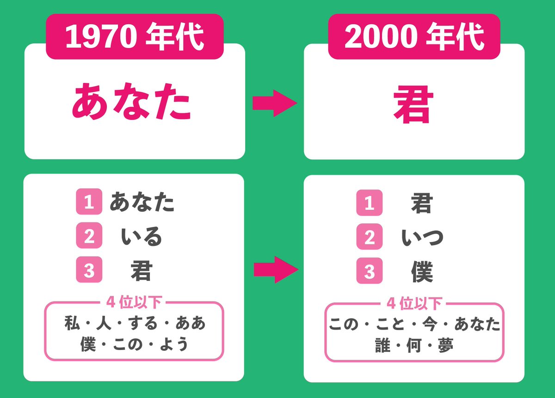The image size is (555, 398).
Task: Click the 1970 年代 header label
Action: click(135, 37)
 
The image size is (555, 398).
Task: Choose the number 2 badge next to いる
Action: click(89, 237)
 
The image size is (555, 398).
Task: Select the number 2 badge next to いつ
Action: click(369, 237)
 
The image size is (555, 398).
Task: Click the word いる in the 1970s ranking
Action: click(142, 237)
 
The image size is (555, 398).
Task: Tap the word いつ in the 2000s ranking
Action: click(422, 237)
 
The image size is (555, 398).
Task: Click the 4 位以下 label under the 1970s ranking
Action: click(134, 303)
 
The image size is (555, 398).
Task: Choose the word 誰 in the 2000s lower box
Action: click(383, 346)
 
